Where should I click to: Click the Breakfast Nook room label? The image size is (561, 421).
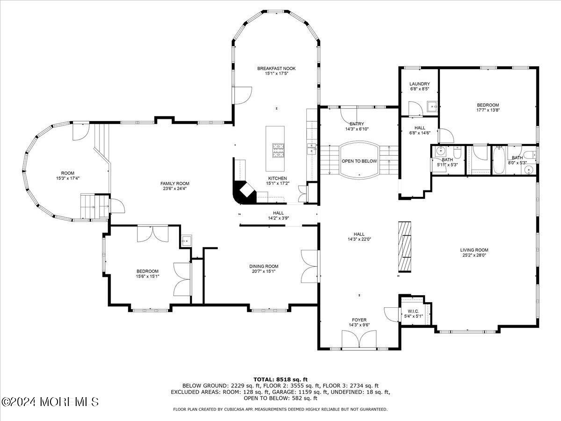pyautogui.click(x=276, y=69)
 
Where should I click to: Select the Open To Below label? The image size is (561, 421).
pyautogui.click(x=359, y=161)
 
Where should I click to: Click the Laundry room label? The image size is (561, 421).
pyautogui.click(x=419, y=84)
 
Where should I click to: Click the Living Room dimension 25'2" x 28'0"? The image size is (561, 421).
pyautogui.click(x=474, y=256)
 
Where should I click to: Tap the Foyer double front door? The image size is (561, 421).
pyautogui.click(x=359, y=339)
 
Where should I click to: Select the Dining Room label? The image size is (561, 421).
pyautogui.click(x=263, y=266)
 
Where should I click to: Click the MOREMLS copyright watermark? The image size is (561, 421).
pyautogui.click(x=50, y=402)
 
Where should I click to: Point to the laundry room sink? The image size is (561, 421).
pyautogui.click(x=432, y=106)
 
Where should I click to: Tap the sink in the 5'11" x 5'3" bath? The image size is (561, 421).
pyautogui.click(x=440, y=151)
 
